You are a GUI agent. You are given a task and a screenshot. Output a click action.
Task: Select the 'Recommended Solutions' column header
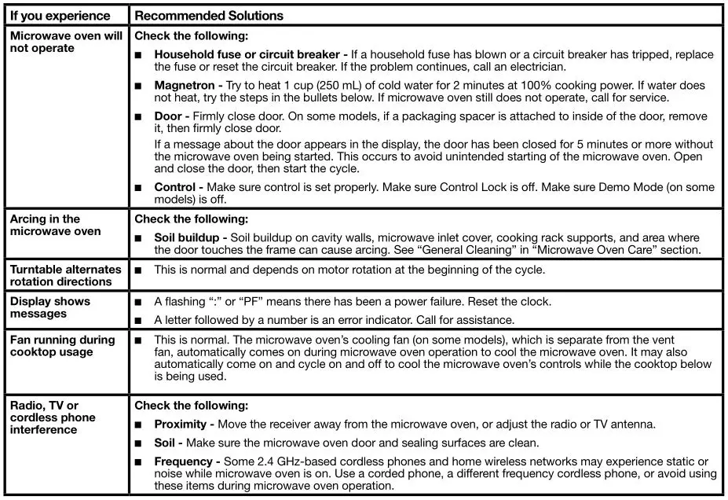[x=209, y=16]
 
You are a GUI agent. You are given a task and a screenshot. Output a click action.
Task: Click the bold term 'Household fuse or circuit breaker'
[x=246, y=55]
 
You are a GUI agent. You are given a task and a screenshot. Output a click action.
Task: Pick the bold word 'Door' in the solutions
[x=168, y=116]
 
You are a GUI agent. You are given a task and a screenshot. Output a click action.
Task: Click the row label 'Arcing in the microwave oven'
[x=55, y=225]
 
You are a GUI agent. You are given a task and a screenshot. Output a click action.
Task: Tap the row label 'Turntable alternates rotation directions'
[x=65, y=275]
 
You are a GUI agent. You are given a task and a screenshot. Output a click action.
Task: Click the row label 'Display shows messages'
[x=50, y=307]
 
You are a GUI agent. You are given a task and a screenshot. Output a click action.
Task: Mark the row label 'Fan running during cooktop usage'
[x=62, y=346]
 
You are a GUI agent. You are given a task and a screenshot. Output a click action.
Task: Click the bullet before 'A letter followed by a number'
[x=138, y=321]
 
